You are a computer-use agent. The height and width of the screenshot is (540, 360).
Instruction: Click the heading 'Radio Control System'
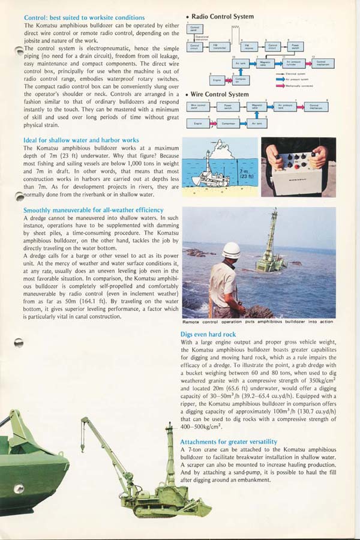223,16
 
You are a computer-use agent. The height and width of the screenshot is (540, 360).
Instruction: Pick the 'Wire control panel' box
199,107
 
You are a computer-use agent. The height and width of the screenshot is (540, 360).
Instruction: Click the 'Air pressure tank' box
286,107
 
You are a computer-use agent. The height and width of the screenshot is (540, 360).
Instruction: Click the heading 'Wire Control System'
219,94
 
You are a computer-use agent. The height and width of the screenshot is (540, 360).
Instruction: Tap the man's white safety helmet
231,250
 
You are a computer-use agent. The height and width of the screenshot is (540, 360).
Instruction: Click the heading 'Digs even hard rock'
208,334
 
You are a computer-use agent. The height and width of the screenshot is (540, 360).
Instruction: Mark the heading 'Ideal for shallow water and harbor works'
80,140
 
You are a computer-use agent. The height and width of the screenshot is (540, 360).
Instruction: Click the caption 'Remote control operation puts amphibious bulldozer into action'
257,322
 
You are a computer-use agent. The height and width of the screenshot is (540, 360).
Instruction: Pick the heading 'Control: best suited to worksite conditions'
84,18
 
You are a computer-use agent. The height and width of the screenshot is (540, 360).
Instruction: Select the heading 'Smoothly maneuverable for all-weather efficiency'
93,210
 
